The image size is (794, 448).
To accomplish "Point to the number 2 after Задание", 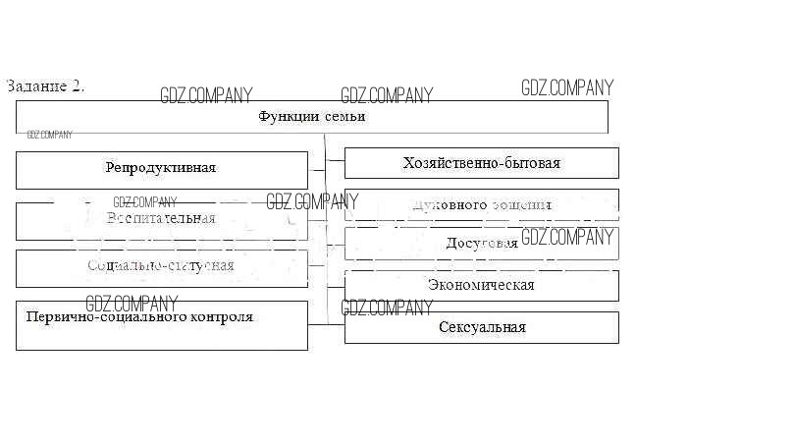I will [78, 85].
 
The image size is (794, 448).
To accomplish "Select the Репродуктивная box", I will [161, 169].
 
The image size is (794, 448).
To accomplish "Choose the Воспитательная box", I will [161, 220].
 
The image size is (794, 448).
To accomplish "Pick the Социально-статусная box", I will [161, 267].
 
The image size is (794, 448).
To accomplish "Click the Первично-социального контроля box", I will [161, 325].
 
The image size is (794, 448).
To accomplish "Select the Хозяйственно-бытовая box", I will [481, 163].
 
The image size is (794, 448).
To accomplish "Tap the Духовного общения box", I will [481, 205].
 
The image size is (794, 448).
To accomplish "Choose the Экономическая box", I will [481, 285].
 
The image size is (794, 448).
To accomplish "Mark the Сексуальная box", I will [481, 327].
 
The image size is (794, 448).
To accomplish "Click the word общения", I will [521, 205].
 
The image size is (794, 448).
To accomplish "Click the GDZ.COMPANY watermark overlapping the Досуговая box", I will [566, 237].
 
